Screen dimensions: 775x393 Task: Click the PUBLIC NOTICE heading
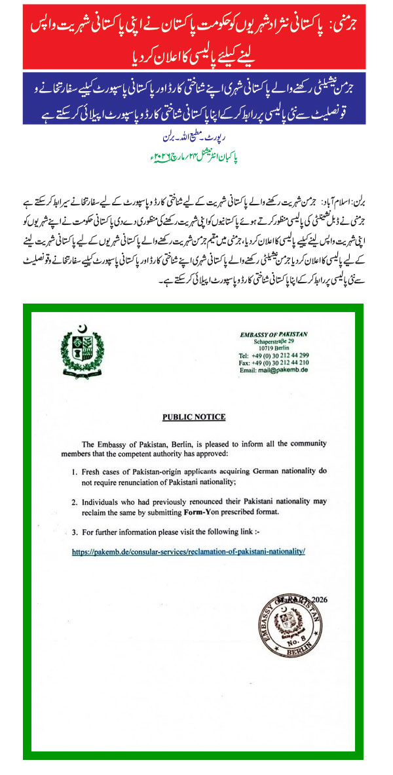click(x=193, y=417)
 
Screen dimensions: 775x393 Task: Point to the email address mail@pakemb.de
click(x=274, y=370)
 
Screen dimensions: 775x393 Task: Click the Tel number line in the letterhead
click(x=274, y=355)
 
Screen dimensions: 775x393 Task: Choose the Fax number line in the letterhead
click(x=274, y=362)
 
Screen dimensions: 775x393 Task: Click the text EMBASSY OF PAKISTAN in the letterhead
click(x=273, y=335)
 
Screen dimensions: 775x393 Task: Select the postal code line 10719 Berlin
click(x=273, y=348)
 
